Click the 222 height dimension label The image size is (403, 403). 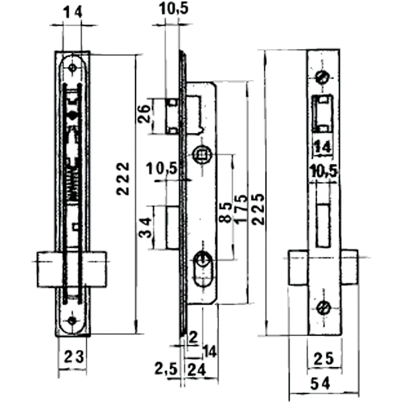[x=123, y=179]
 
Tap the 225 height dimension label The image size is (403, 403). [x=260, y=209]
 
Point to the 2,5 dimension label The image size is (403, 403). [x=166, y=369]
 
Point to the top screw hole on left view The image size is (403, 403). [x=72, y=68]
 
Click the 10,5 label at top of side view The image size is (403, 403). [x=174, y=9]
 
